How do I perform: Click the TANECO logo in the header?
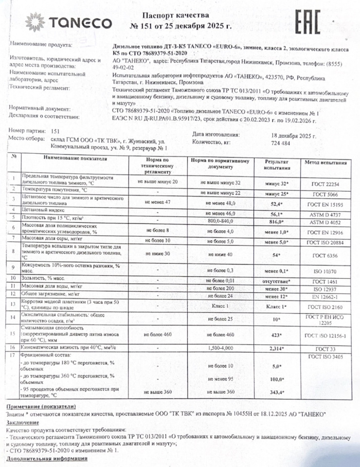[x=69, y=22]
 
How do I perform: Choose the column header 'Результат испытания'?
[x=277, y=164]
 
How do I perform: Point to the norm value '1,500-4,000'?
[x=220, y=349]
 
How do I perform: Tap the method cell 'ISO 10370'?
[x=325, y=270]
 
